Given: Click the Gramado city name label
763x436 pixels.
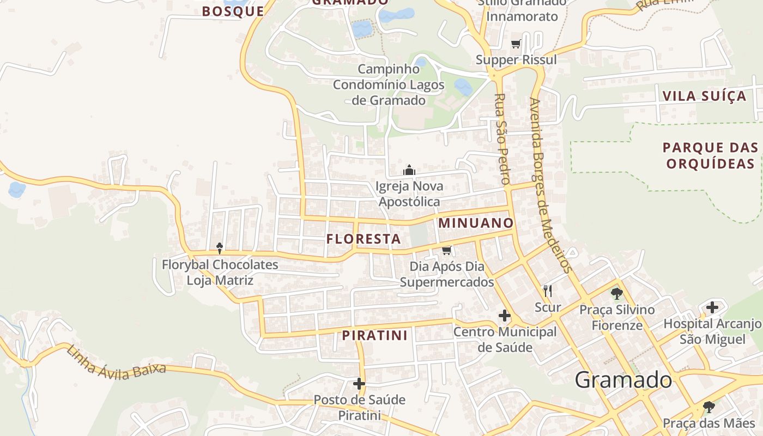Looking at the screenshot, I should tap(623, 380).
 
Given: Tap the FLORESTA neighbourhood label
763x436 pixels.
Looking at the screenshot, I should tap(364, 239).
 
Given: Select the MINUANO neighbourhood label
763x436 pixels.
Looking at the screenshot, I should tap(476, 222).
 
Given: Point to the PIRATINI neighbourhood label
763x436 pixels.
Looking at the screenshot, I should tap(375, 335).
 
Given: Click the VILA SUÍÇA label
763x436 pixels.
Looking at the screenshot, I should tap(704, 96).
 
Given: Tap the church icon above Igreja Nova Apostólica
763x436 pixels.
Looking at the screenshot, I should tap(409, 170).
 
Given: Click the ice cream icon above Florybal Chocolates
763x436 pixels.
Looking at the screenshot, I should tap(220, 249).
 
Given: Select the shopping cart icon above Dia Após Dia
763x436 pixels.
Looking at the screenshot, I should tap(447, 250).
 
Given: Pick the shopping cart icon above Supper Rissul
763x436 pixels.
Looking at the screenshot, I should tap(516, 44).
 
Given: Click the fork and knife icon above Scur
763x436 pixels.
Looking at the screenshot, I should tap(548, 290).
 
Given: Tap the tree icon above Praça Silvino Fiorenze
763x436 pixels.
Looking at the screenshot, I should tap(616, 294).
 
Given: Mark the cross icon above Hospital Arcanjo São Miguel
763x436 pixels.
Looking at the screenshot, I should tap(712, 307).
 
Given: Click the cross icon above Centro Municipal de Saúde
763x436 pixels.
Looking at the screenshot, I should tap(505, 315).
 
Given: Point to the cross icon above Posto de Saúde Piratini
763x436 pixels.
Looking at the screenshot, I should tap(359, 384).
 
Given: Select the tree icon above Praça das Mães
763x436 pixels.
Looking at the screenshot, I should tap(708, 407).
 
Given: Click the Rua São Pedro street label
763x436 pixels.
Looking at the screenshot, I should tap(502, 139).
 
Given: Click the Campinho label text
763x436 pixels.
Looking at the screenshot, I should tap(389, 69).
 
